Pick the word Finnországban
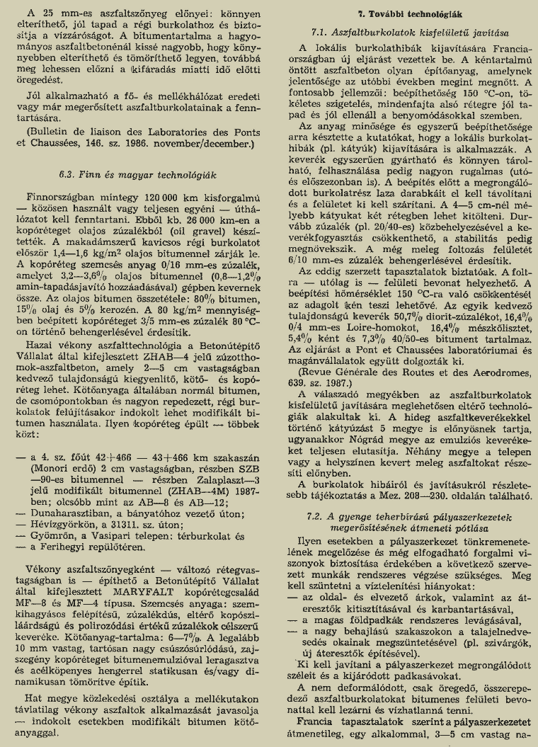(59, 196)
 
